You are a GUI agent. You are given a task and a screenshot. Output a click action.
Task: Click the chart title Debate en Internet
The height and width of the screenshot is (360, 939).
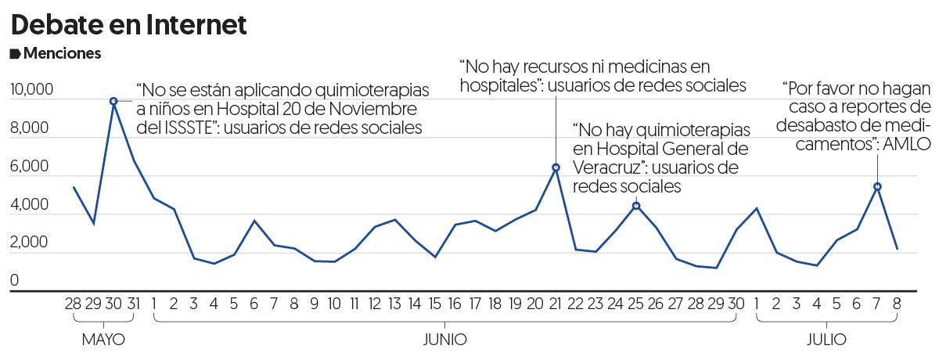pyautogui.click(x=128, y=25)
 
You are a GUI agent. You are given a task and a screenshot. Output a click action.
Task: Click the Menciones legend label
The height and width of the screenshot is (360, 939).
pyautogui.click(x=62, y=54)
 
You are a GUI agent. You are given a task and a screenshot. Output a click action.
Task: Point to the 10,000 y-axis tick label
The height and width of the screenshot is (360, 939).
pyautogui.click(x=31, y=90)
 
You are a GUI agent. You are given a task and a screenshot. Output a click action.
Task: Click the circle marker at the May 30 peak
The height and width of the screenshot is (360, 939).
pyautogui.click(x=113, y=101)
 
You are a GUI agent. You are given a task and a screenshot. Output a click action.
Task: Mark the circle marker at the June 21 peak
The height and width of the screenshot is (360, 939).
pyautogui.click(x=556, y=167)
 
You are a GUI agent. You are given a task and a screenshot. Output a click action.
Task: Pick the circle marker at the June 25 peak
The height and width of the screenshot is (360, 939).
pyautogui.click(x=636, y=206)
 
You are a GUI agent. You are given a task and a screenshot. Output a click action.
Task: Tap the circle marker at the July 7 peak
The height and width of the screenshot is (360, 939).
pyautogui.click(x=877, y=186)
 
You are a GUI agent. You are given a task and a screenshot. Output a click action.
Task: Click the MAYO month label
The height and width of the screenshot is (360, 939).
pyautogui.click(x=103, y=340)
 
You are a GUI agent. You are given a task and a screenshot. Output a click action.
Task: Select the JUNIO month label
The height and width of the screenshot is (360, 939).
pyautogui.click(x=444, y=340)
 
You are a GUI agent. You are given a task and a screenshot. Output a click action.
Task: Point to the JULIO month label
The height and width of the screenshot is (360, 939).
pyautogui.click(x=826, y=340)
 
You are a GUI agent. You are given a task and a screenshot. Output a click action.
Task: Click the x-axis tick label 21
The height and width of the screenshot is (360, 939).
pyautogui.click(x=556, y=305)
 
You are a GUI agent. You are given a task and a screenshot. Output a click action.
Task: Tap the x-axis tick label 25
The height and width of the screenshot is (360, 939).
pyautogui.click(x=636, y=305)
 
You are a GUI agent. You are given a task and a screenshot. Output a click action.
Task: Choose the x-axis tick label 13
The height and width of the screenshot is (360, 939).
pyautogui.click(x=394, y=305)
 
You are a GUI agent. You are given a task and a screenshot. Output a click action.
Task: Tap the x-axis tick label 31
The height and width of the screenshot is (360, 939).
pyautogui.click(x=134, y=305)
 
